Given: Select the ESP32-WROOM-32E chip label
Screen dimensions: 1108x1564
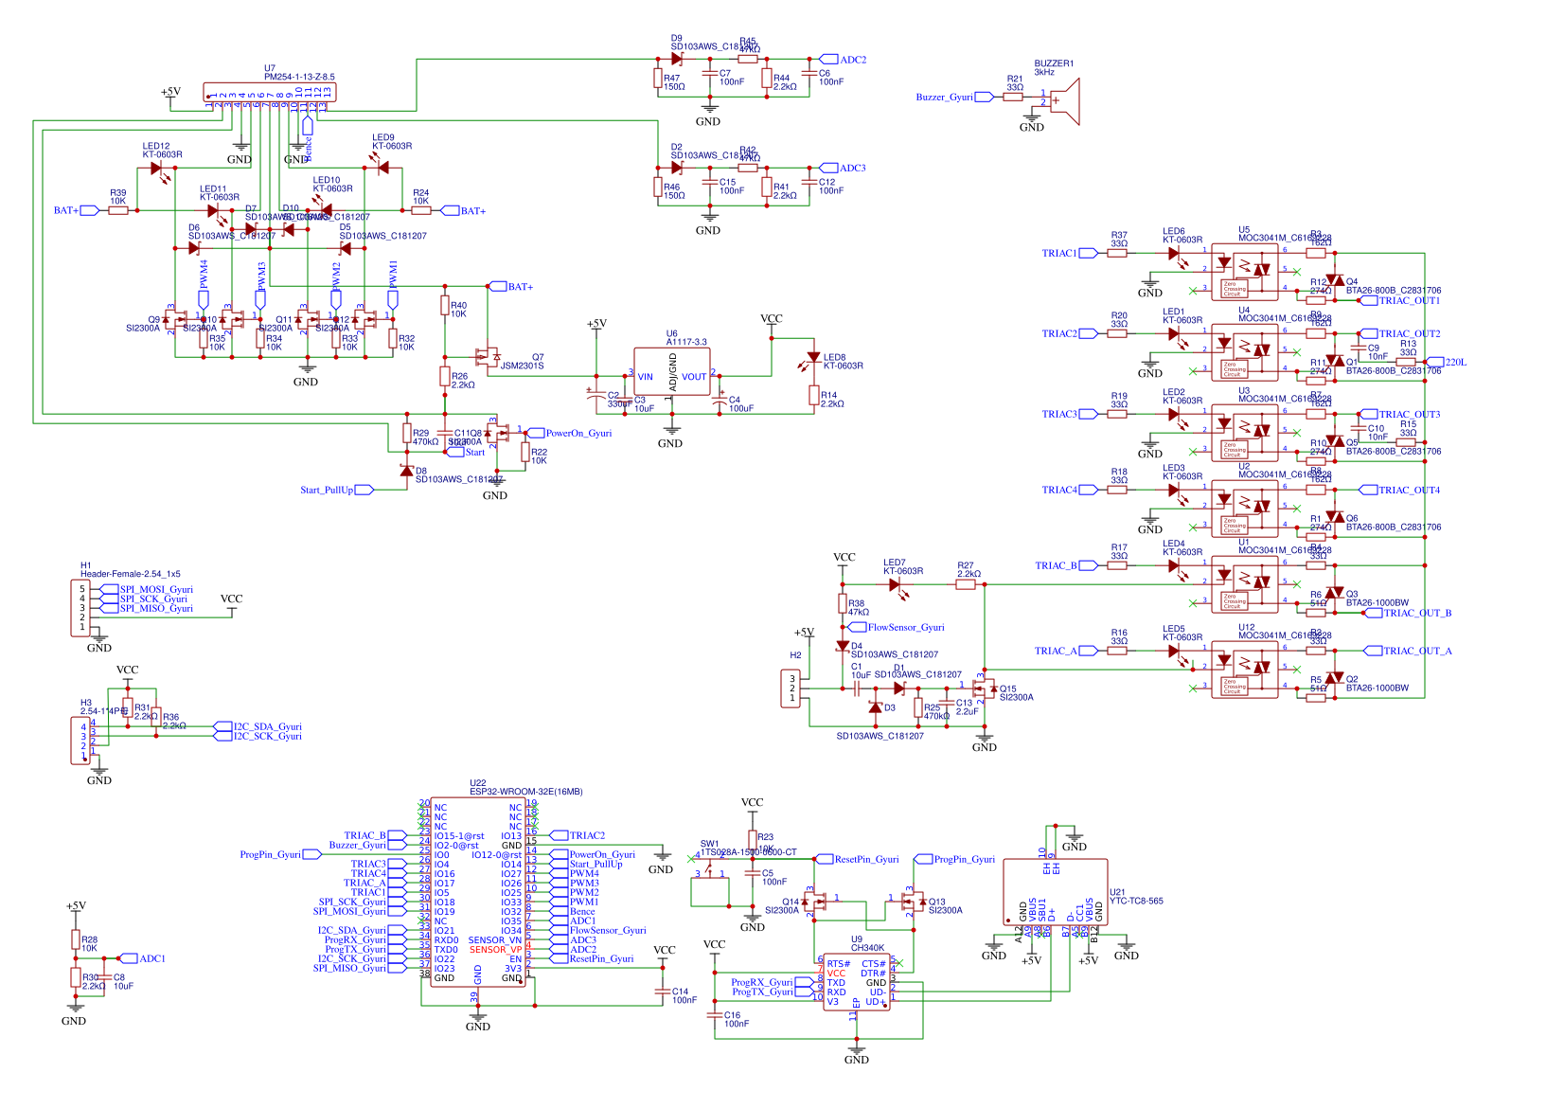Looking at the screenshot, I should [525, 791].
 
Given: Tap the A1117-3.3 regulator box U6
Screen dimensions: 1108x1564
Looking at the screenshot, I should [671, 375].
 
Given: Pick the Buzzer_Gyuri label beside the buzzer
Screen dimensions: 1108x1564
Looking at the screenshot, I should [944, 97].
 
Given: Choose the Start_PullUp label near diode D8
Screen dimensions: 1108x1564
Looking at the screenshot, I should [327, 490].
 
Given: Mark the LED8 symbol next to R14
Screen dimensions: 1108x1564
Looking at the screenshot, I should [812, 359].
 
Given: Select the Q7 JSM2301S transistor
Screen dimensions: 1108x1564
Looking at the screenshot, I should [489, 357].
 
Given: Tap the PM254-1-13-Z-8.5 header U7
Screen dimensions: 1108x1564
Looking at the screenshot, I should [269, 92].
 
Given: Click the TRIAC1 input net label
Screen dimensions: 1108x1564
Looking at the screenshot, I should [1059, 253].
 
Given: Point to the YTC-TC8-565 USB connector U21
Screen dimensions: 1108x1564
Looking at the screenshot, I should [1055, 892].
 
